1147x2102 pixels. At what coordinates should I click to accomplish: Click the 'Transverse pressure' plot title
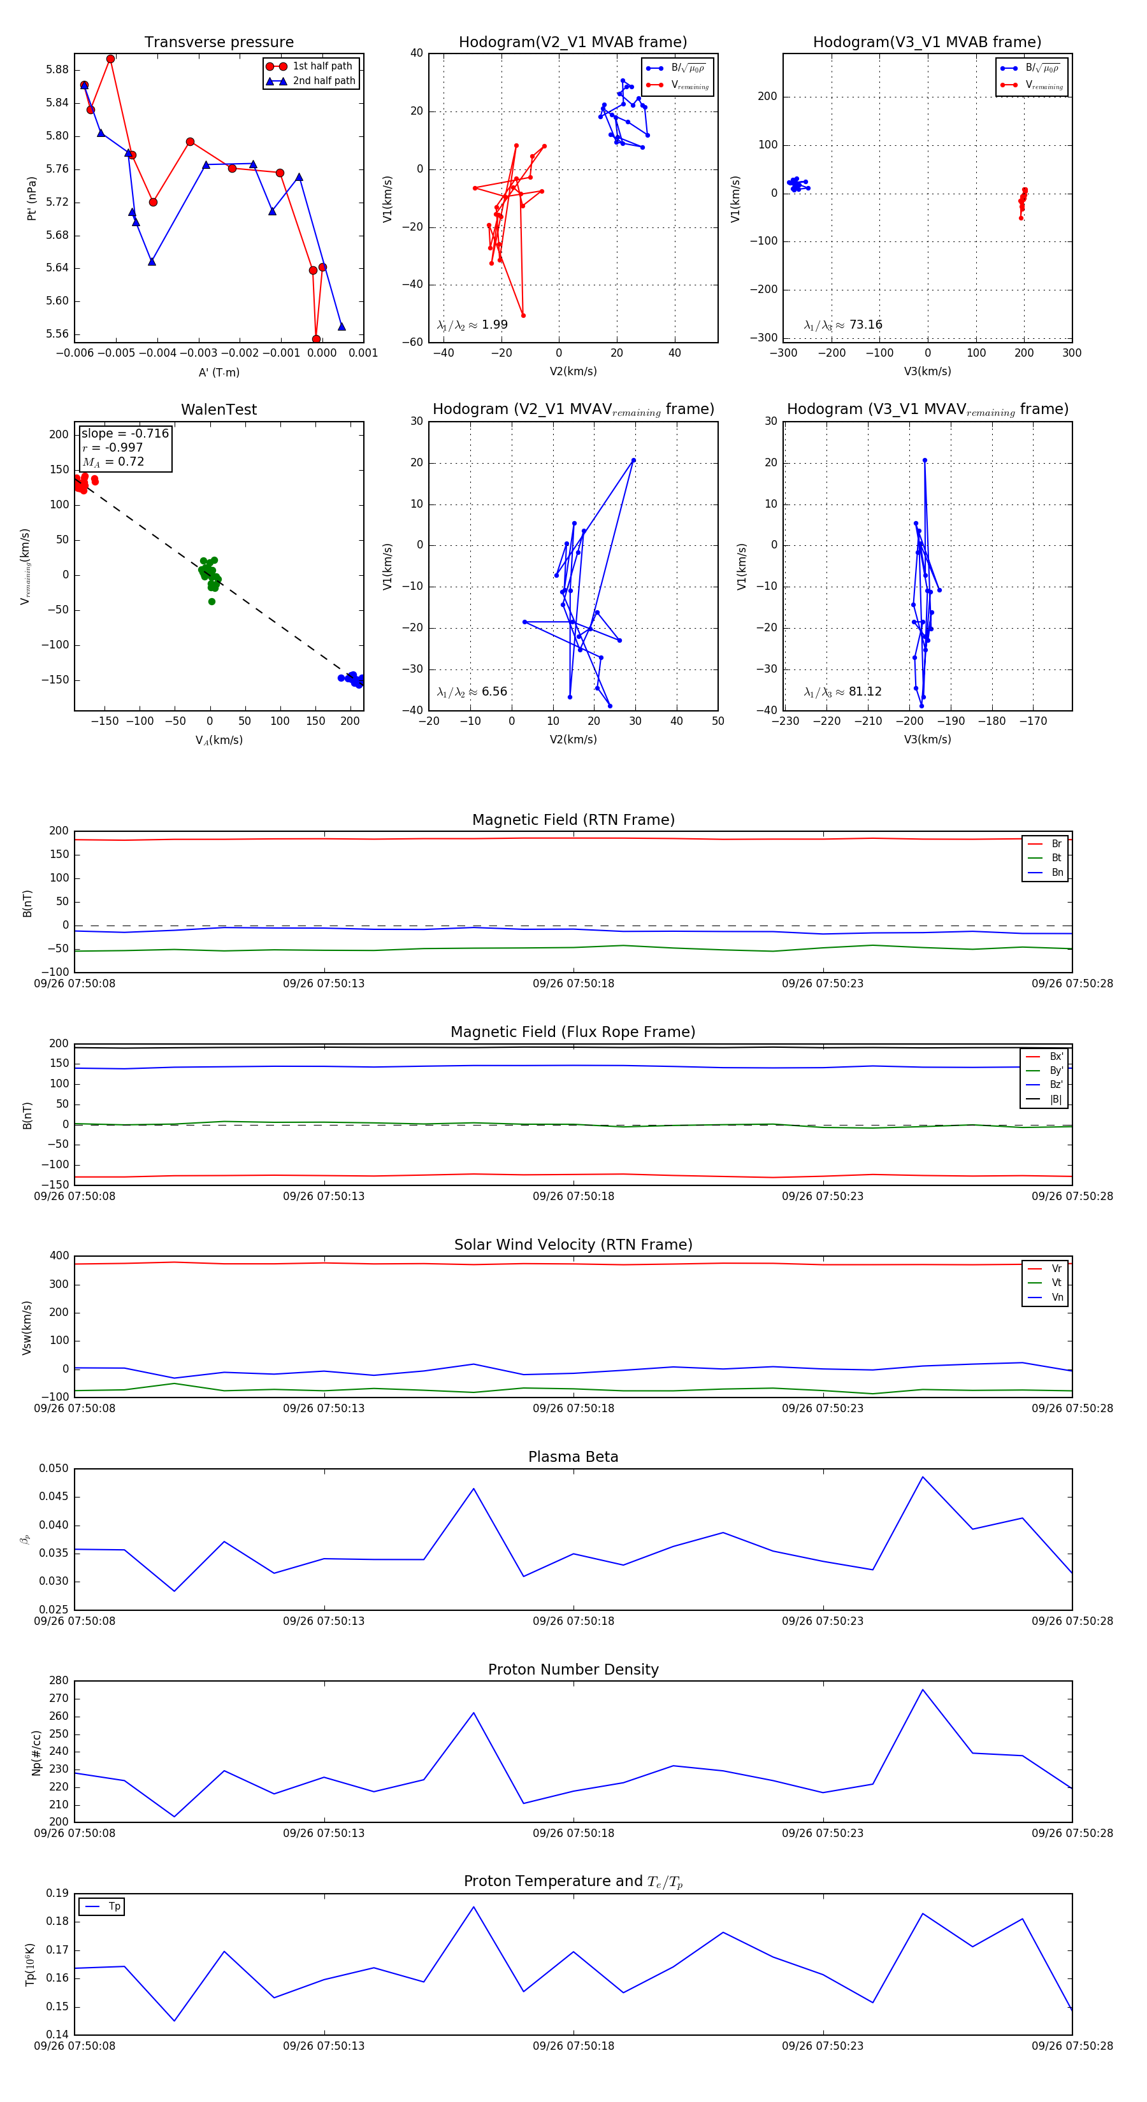pos(219,43)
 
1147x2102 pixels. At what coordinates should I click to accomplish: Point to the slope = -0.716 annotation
pos(125,433)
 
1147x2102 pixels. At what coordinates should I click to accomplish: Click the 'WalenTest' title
pos(219,410)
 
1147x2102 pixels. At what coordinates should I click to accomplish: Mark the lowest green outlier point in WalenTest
pos(212,601)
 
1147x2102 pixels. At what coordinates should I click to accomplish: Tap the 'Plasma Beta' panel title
pos(573,1457)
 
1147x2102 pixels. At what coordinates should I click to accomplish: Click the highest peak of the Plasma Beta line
pos(923,1477)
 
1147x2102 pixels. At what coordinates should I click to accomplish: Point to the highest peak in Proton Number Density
pos(923,1690)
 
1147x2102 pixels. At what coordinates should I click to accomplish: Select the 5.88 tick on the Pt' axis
pos(57,69)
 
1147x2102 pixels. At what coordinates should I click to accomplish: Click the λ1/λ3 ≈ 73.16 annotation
pos(843,325)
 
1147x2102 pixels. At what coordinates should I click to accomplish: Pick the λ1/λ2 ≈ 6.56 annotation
pos(472,692)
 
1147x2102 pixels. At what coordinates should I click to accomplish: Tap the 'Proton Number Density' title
pos(573,1669)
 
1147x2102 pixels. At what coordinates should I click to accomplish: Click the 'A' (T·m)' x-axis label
pos(219,372)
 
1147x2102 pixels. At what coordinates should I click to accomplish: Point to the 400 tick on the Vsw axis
pos(59,1256)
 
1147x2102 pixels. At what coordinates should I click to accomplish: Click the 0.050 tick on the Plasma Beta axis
pos(54,1468)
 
